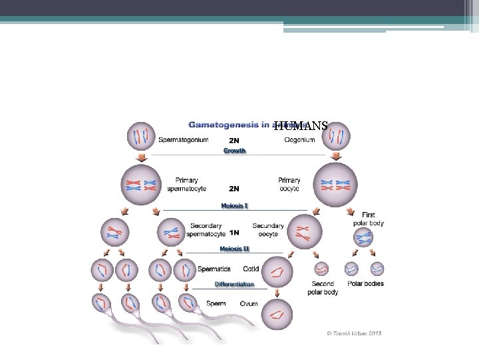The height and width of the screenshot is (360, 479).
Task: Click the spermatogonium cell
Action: point(140,136)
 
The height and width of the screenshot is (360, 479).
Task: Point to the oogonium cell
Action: point(337,137)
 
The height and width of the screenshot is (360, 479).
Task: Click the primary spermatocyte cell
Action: point(140,184)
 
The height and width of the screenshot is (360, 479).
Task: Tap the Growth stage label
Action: point(234,151)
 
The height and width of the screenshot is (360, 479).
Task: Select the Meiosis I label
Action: point(234,205)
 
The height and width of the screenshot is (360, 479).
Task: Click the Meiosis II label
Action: point(234,249)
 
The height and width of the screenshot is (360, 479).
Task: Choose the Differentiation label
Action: point(234,284)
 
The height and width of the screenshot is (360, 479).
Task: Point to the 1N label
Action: point(234,233)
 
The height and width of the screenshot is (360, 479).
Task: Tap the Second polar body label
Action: point(323,287)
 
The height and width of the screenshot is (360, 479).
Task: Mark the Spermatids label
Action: point(214,269)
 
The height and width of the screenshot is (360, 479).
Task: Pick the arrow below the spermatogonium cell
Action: point(140,157)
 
